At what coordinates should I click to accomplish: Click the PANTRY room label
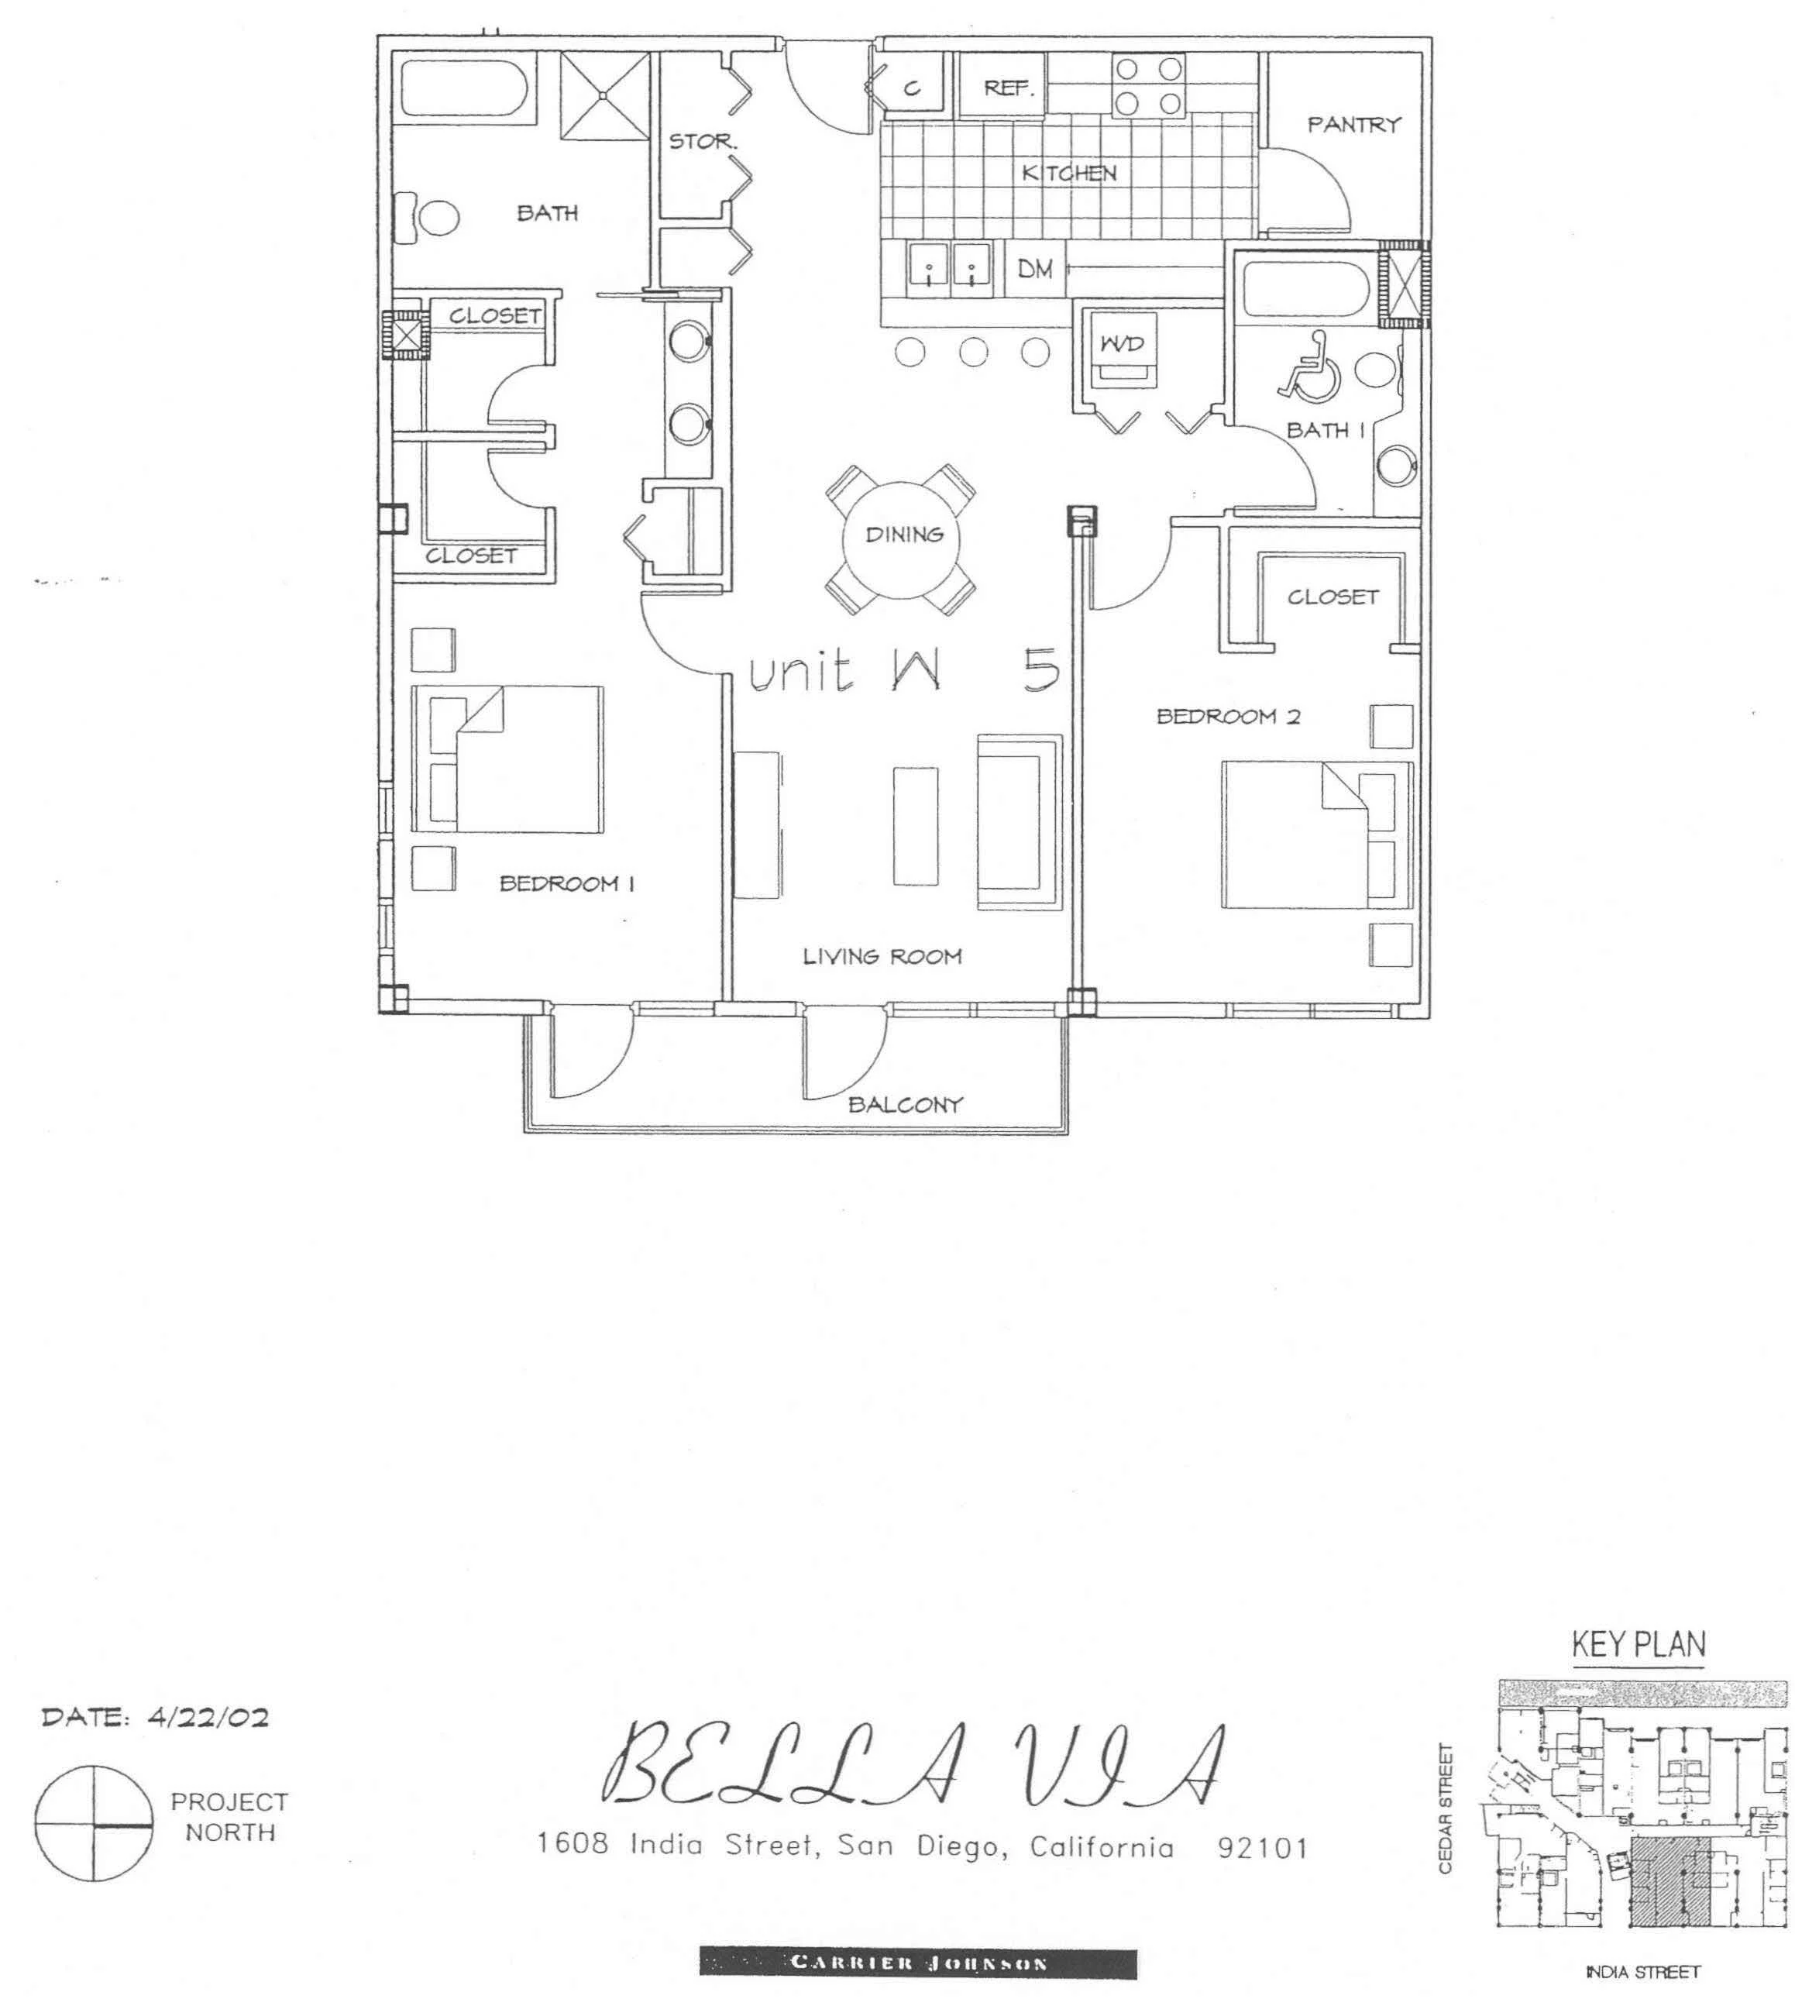(x=1354, y=124)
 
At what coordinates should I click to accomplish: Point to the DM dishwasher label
(x=1034, y=268)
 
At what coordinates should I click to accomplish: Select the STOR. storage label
(x=703, y=142)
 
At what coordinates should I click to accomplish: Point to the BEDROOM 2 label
(x=1228, y=717)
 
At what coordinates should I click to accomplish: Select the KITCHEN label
(x=1069, y=174)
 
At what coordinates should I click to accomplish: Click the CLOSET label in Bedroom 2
(x=1332, y=597)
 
